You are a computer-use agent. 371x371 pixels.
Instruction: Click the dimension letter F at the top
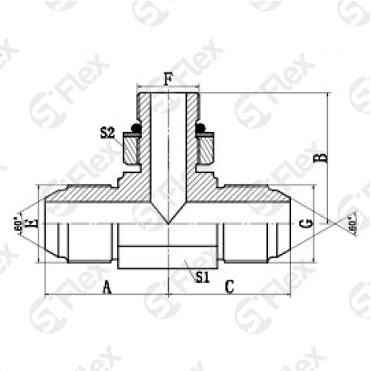pos(168,79)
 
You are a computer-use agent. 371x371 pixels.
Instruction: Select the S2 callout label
pos(106,132)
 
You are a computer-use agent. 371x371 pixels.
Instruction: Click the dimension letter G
pos(305,223)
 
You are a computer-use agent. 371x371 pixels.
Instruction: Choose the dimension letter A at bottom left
pos(106,286)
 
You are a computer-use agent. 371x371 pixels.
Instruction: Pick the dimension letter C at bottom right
pos(230,286)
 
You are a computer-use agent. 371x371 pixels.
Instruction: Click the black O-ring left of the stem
pos(129,129)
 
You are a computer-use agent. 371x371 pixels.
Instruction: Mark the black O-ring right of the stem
pos(206,129)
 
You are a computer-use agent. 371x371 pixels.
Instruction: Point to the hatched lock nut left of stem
pos(131,150)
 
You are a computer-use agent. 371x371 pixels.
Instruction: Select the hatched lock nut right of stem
pos(205,150)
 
